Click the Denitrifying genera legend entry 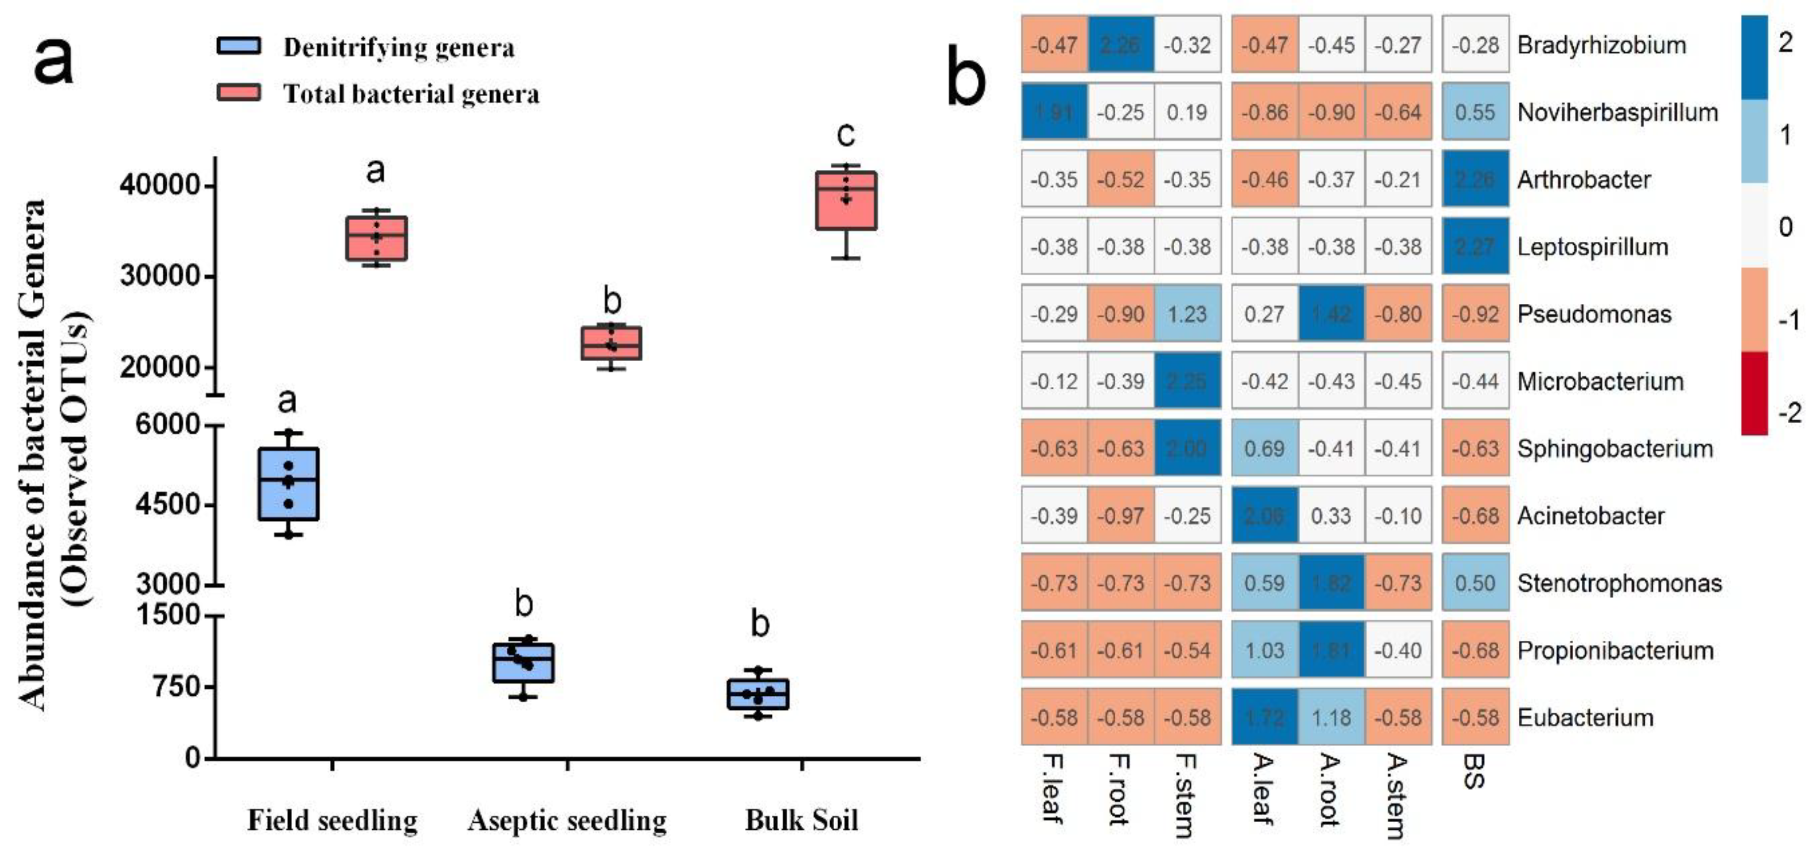(x=367, y=47)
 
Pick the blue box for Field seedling (x=288, y=484)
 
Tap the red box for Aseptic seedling (x=611, y=343)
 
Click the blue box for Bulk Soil (x=758, y=694)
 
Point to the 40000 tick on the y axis (x=161, y=185)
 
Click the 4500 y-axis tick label (x=168, y=505)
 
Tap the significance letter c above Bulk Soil (x=846, y=134)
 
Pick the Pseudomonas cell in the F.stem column (x=1187, y=314)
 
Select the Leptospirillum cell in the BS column (x=1475, y=247)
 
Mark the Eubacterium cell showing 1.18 (x=1331, y=717)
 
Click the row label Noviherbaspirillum (x=1617, y=112)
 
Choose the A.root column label (x=1329, y=789)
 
